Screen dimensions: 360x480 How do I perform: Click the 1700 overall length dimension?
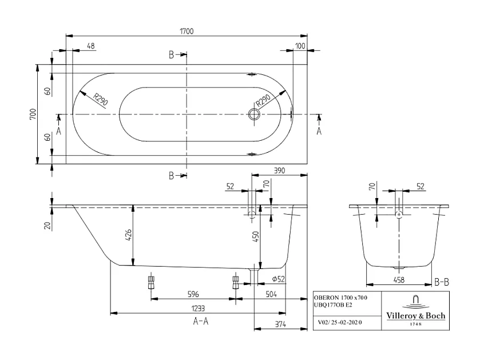[x=186, y=31]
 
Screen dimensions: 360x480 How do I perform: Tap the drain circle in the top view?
[x=254, y=114]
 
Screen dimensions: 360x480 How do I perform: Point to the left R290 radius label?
[x=101, y=101]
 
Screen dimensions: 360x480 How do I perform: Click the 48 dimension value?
[x=91, y=46]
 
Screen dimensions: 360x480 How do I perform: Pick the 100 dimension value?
[x=300, y=46]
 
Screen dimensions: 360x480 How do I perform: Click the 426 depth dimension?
[x=129, y=235]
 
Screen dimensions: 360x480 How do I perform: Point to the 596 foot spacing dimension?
[x=193, y=295]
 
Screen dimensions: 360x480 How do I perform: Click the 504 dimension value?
[x=271, y=295]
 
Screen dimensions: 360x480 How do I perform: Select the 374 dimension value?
[x=279, y=325]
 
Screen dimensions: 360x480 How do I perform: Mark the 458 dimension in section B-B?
[x=399, y=280]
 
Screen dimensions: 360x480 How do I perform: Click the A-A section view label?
[x=200, y=321]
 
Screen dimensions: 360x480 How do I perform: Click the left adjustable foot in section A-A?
[x=151, y=282]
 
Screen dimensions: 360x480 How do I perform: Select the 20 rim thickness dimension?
[x=47, y=225]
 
